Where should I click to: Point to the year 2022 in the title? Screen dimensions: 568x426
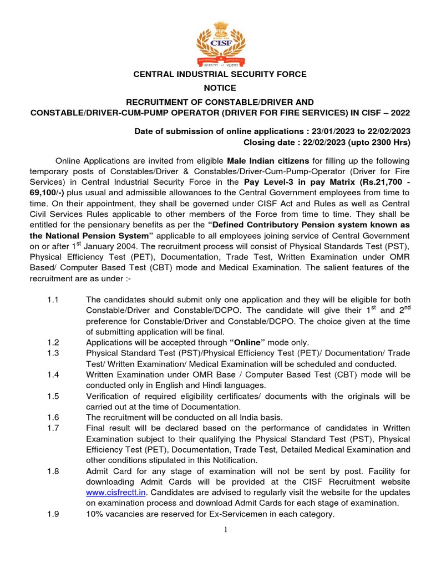tap(399, 113)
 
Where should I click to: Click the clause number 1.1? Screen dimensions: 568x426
tap(53, 300)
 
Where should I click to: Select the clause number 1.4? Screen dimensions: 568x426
tap(53, 375)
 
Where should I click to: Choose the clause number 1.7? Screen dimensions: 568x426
tap(53, 428)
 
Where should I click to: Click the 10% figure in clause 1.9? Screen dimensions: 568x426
tap(94, 514)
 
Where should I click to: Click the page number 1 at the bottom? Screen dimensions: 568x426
tap(226, 529)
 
